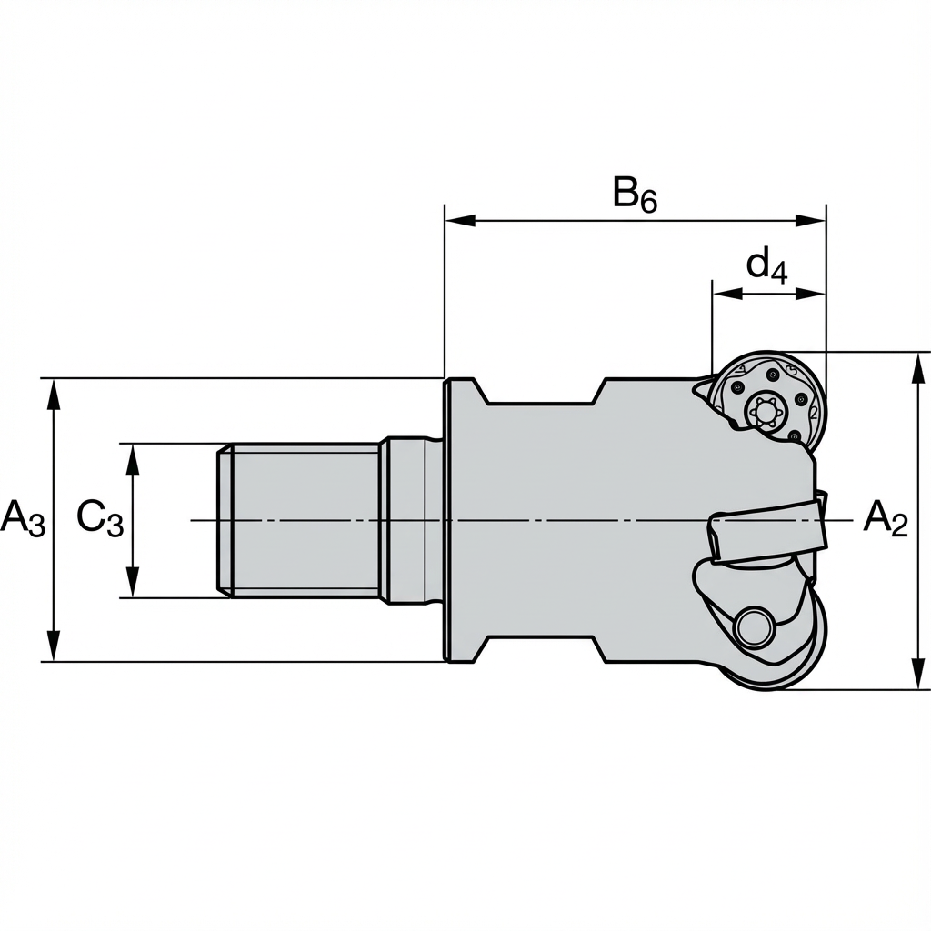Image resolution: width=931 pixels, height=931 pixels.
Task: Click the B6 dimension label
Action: pyautogui.click(x=634, y=195)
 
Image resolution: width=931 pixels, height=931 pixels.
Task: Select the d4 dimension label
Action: pyautogui.click(x=766, y=265)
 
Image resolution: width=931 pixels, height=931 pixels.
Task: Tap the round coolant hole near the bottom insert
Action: pyautogui.click(x=753, y=626)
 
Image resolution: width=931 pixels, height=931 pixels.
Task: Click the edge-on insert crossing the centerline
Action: pyautogui.click(x=768, y=532)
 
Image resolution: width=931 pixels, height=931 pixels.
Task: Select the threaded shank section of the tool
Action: pyautogui.click(x=300, y=520)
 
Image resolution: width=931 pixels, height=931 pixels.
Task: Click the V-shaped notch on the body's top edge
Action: pyautogui.click(x=544, y=394)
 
